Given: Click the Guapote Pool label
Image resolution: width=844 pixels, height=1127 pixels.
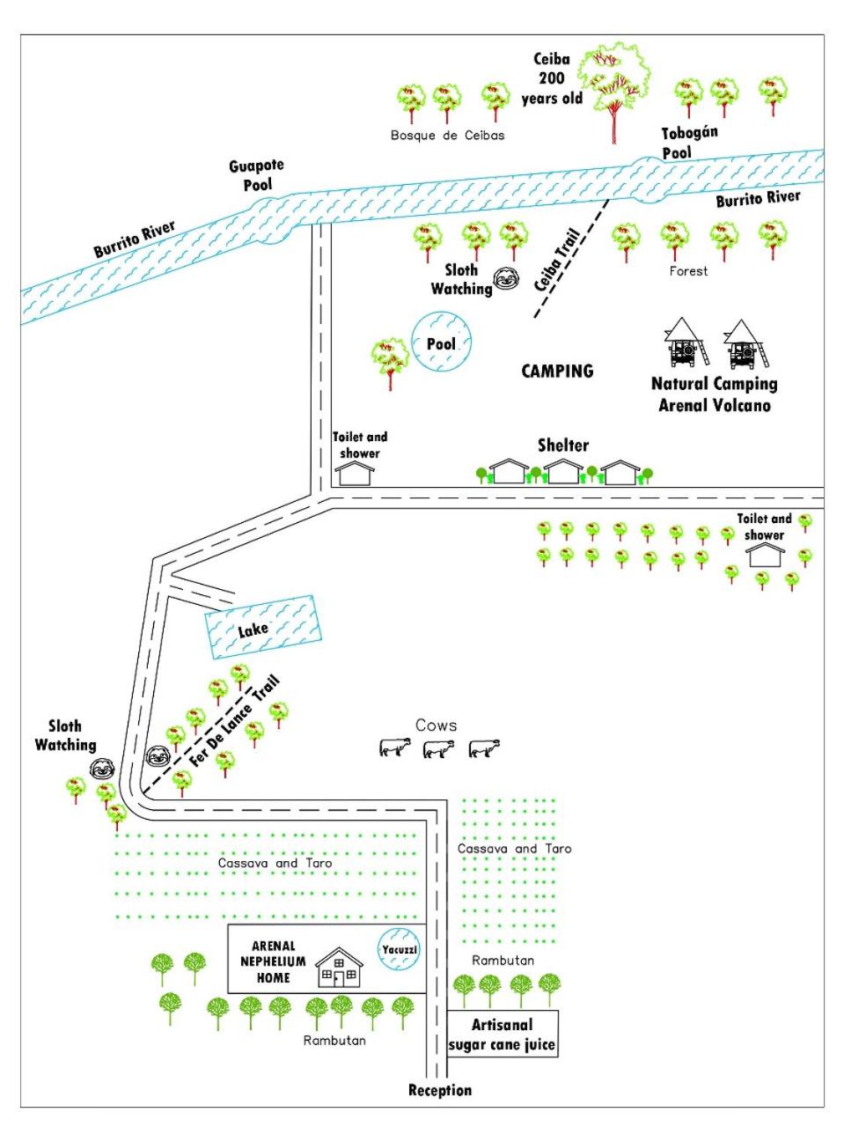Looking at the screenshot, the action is [x=256, y=175].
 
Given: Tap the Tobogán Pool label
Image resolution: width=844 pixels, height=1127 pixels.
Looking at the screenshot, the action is [x=689, y=143].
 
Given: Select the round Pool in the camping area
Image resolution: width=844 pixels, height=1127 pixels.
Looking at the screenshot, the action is [x=441, y=342].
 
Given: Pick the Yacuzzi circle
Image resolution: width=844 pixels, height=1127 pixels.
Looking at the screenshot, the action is [x=400, y=949].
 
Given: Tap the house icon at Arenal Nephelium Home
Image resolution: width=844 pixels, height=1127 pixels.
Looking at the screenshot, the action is [x=339, y=967].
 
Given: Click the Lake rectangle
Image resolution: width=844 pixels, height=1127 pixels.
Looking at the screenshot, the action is [x=263, y=627].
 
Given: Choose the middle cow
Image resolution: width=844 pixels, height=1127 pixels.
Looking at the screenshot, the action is [x=438, y=748].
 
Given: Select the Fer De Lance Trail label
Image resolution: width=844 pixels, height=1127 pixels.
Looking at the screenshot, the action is [x=235, y=721].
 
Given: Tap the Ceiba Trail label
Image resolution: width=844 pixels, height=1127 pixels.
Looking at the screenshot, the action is [x=557, y=260].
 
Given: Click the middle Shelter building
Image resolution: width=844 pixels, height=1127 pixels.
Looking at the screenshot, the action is [x=563, y=472].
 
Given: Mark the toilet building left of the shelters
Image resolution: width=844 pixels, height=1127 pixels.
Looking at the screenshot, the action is [x=355, y=474].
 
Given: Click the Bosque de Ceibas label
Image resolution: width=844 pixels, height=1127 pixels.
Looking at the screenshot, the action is [x=447, y=136].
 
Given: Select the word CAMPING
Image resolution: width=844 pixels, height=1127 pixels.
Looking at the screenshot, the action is [x=557, y=372].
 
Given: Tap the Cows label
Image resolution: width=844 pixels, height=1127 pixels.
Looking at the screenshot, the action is [x=436, y=726].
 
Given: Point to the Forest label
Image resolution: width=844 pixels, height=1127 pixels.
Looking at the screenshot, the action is [x=688, y=271].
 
